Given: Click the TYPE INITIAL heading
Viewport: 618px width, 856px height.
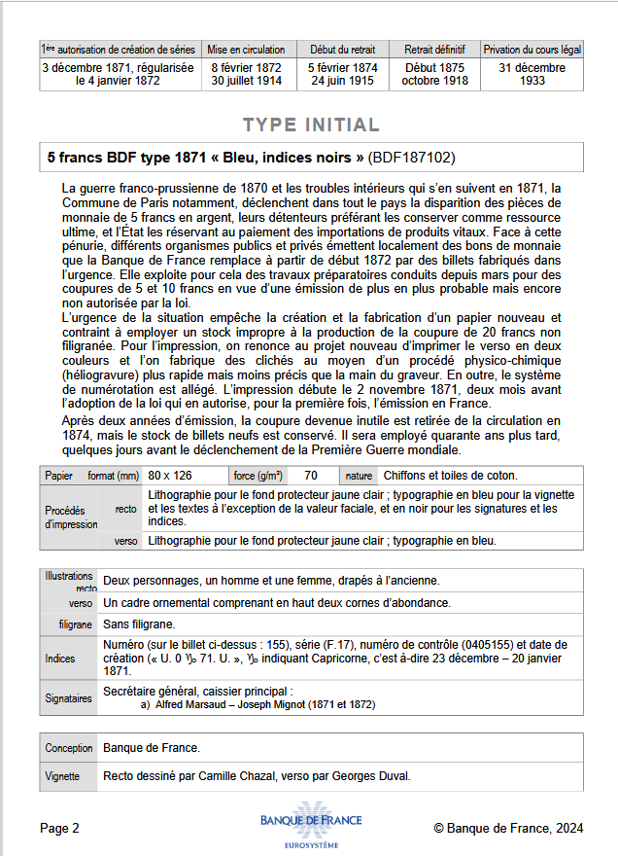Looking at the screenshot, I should click(311, 125).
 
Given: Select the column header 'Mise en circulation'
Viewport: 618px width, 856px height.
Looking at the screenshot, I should click(247, 50).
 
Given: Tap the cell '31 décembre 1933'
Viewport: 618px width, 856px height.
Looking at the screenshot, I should click(532, 74).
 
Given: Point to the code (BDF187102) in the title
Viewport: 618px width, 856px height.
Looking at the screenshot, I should click(412, 157).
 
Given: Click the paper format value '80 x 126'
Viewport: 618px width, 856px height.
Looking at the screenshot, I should click(170, 476).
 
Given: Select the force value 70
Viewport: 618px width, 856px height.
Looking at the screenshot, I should click(311, 476).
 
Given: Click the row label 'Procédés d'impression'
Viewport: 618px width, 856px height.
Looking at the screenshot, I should click(71, 517).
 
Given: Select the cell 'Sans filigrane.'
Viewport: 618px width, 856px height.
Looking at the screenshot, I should click(139, 624).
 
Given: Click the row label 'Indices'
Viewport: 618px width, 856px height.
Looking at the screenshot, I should click(60, 659).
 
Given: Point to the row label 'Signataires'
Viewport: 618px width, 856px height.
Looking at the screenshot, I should click(69, 697).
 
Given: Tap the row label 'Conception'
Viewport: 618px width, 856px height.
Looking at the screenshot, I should click(69, 748).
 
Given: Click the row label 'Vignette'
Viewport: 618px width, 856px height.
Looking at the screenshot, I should click(62, 776).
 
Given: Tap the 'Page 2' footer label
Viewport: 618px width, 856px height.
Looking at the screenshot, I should click(60, 828).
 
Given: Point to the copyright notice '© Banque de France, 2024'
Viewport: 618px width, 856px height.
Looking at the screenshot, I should click(508, 828).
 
